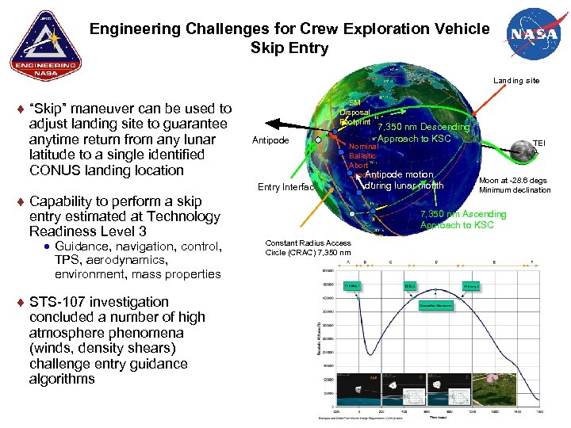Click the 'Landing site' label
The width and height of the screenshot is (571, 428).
(x=516, y=81)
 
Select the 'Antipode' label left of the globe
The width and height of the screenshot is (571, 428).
(x=270, y=141)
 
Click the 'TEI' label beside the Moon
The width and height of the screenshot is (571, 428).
(x=539, y=143)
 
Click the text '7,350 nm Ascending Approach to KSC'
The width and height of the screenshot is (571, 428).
(x=462, y=220)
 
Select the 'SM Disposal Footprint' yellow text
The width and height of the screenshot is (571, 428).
(x=354, y=113)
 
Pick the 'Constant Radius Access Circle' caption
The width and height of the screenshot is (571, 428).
(x=308, y=248)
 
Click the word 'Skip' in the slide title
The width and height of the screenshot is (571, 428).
(x=267, y=48)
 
